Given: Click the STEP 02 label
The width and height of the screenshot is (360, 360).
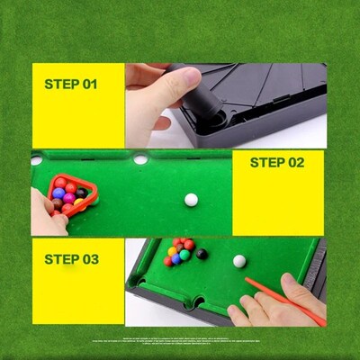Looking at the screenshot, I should click(x=276, y=163).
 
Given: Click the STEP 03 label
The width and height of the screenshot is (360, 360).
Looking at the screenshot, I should click(x=71, y=259).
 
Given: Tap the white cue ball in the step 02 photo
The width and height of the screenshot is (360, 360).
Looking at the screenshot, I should click(x=191, y=200).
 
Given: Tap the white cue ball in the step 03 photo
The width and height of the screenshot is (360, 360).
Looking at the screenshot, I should click(x=239, y=261).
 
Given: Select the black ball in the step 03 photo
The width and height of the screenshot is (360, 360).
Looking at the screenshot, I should click(x=202, y=254).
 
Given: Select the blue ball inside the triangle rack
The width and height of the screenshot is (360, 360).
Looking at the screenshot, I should click(x=58, y=193).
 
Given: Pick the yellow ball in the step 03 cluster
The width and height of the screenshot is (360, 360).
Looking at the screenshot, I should click(x=173, y=251).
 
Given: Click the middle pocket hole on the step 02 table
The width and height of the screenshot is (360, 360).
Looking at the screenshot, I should click(x=140, y=159).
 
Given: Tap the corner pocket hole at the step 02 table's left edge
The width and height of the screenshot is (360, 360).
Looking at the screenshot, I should click(x=37, y=160).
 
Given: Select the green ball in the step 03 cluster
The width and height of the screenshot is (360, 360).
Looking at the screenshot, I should click(x=184, y=255).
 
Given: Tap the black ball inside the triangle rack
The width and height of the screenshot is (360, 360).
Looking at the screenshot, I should click(x=81, y=193).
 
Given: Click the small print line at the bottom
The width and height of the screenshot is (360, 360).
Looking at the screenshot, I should click(x=180, y=341).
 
